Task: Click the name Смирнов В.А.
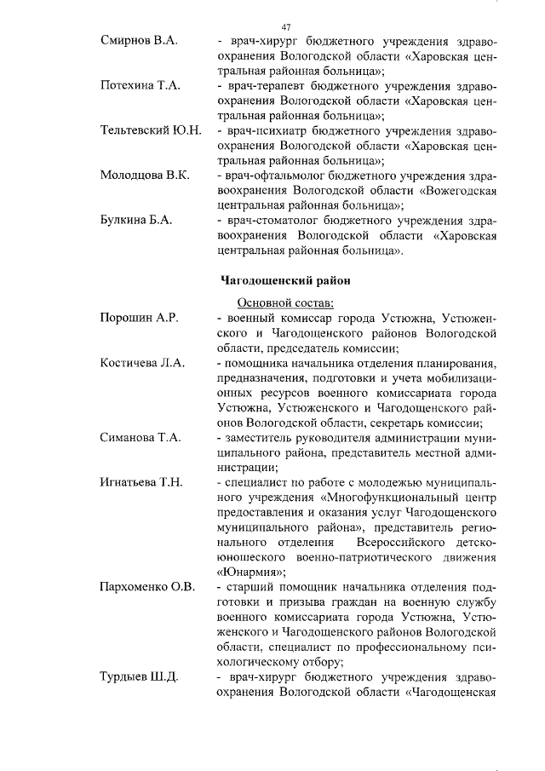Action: (138, 42)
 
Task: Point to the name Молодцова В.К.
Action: (144, 175)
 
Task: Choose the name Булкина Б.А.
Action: (136, 219)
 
